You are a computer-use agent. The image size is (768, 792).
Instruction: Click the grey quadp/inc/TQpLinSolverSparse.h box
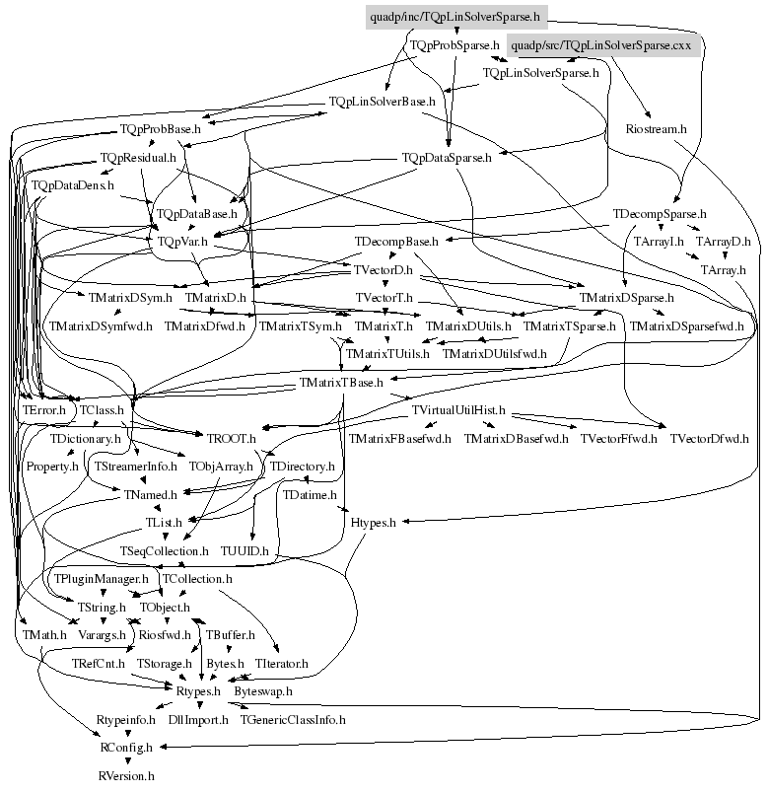tap(454, 17)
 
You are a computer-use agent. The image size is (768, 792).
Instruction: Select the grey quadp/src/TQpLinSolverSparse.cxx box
tap(603, 45)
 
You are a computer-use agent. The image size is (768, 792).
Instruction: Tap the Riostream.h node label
tap(656, 129)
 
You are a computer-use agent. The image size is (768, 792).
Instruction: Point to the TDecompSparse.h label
tap(660, 213)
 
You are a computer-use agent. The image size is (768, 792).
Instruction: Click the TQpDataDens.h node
tap(73, 184)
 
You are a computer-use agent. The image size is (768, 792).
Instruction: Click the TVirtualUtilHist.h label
tap(458, 409)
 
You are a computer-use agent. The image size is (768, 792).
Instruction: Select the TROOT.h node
tap(231, 438)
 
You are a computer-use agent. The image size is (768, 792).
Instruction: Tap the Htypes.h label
tap(373, 523)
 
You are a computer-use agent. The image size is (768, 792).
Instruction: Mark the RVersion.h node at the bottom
tap(126, 776)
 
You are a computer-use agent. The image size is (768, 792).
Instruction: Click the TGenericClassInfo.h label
tap(293, 720)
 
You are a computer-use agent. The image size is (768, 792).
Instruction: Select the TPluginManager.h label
tap(102, 579)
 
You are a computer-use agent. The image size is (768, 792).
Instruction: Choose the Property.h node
tap(51, 466)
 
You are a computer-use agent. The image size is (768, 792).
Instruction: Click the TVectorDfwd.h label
tap(709, 438)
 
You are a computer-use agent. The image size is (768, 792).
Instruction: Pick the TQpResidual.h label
tap(138, 157)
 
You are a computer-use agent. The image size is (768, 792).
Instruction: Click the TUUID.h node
tap(245, 550)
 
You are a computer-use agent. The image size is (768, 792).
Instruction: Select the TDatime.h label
tap(310, 494)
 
